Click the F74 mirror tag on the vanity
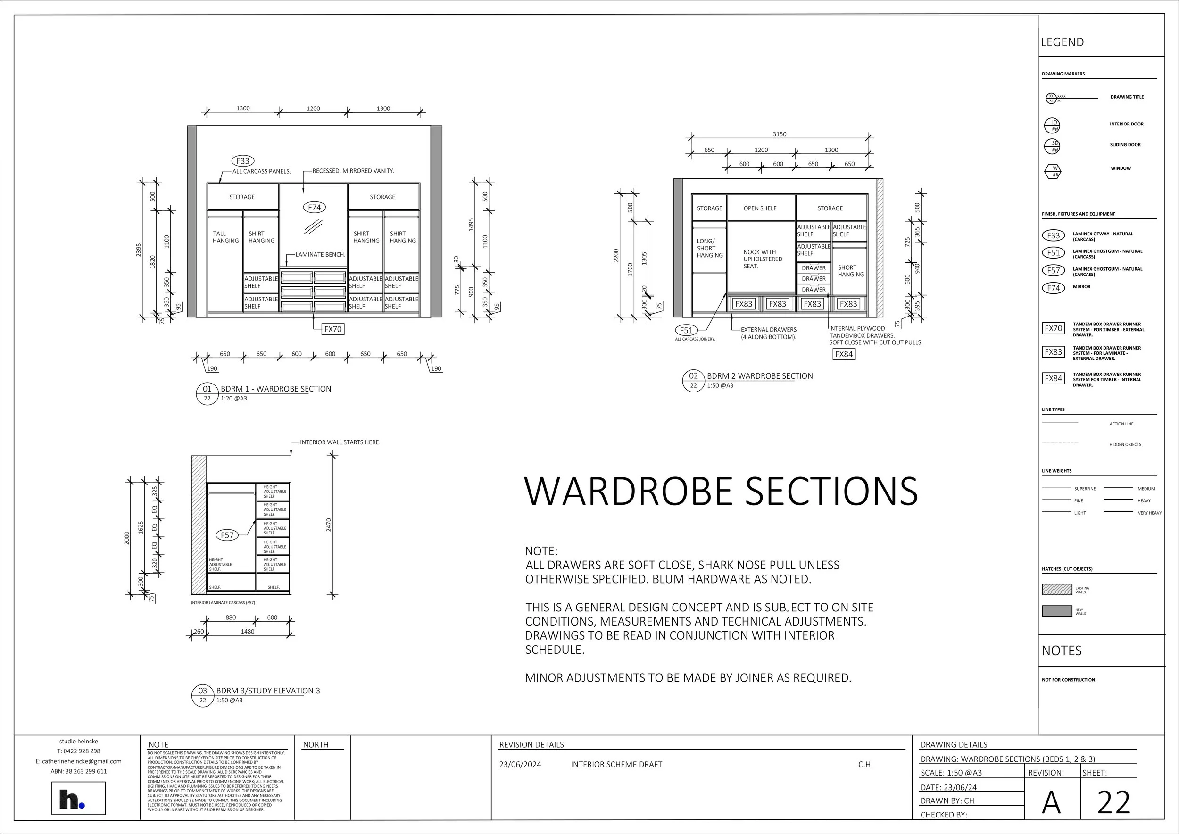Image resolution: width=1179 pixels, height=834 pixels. point(314,208)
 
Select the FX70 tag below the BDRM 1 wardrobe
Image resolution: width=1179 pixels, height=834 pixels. point(333,329)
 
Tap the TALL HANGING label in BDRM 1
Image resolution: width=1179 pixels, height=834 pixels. point(225,237)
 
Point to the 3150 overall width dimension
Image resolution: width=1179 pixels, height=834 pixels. point(779,134)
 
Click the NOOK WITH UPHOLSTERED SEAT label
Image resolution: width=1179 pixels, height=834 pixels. point(763,259)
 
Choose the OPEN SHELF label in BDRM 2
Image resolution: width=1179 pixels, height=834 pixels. point(759,208)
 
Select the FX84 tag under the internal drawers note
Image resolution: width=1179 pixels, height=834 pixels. point(844,354)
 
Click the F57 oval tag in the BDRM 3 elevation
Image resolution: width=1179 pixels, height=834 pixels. point(227,535)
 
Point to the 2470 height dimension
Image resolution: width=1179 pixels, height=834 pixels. point(329,525)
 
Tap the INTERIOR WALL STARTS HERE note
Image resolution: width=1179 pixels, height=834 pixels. point(340,442)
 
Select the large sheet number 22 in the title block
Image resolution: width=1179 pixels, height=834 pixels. point(1113,802)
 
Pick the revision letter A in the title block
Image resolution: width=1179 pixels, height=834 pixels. point(1051,802)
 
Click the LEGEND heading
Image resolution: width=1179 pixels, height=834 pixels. point(1062,42)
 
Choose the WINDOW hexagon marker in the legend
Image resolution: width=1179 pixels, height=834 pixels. point(1053,171)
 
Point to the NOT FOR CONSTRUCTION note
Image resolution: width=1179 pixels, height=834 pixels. point(1069,679)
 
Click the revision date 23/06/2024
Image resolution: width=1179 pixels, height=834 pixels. point(520,764)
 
